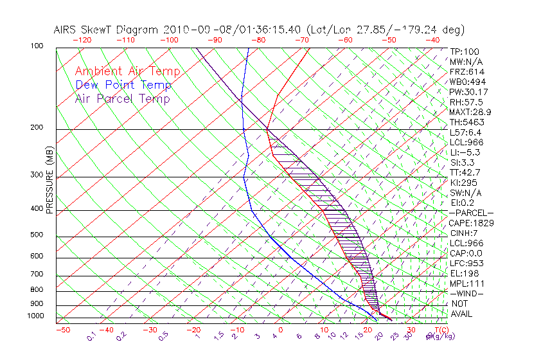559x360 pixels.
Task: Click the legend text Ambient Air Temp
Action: point(127,71)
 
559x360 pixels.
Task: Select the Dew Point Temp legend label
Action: point(123,85)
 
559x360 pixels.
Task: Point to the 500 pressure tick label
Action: point(37,235)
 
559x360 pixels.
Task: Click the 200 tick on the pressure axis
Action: point(37,127)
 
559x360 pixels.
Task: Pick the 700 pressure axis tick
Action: point(37,274)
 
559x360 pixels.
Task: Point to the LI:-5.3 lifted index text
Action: point(465,152)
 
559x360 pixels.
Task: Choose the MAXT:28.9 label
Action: point(470,112)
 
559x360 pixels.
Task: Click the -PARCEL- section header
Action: point(471,213)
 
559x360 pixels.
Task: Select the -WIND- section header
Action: point(466,293)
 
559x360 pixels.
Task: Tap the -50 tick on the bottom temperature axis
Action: point(62,330)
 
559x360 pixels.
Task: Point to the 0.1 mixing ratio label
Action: point(91,336)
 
